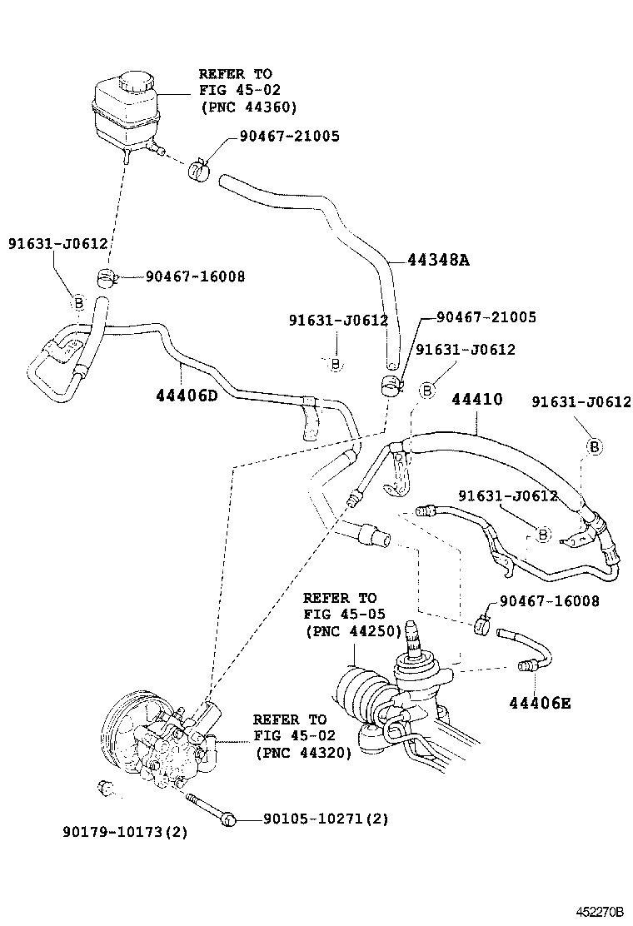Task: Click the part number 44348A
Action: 438,260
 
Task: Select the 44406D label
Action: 186,395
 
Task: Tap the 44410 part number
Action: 476,399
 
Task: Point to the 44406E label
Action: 541,703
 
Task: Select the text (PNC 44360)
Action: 248,107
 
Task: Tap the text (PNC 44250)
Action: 352,630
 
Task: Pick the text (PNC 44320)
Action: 302,752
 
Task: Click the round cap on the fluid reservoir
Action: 132,82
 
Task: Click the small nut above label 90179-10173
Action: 105,787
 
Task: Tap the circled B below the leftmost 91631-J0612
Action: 77,302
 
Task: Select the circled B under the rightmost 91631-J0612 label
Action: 595,447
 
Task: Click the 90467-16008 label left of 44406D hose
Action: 195,276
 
